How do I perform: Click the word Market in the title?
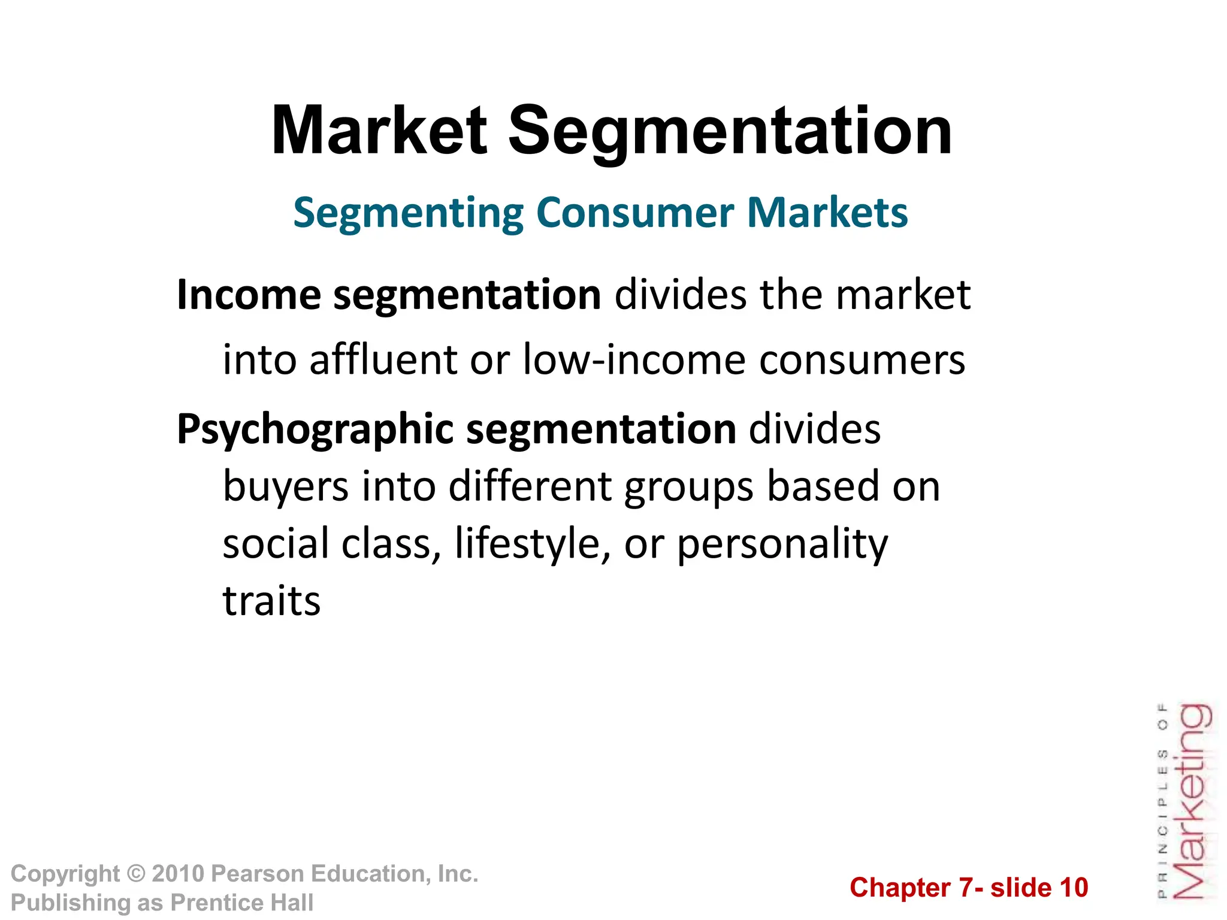click(x=379, y=131)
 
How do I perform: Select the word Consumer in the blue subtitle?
click(x=635, y=213)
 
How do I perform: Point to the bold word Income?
click(x=249, y=295)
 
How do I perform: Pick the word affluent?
click(x=383, y=360)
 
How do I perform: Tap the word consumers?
click(x=862, y=360)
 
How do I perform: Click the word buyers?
click(x=286, y=486)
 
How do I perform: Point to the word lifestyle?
click(x=527, y=544)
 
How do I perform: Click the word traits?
click(x=271, y=601)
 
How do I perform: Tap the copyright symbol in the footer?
click(x=136, y=874)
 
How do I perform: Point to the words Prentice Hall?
click(x=242, y=903)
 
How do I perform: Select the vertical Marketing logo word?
click(x=1193, y=801)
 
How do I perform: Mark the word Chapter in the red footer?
click(x=900, y=888)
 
